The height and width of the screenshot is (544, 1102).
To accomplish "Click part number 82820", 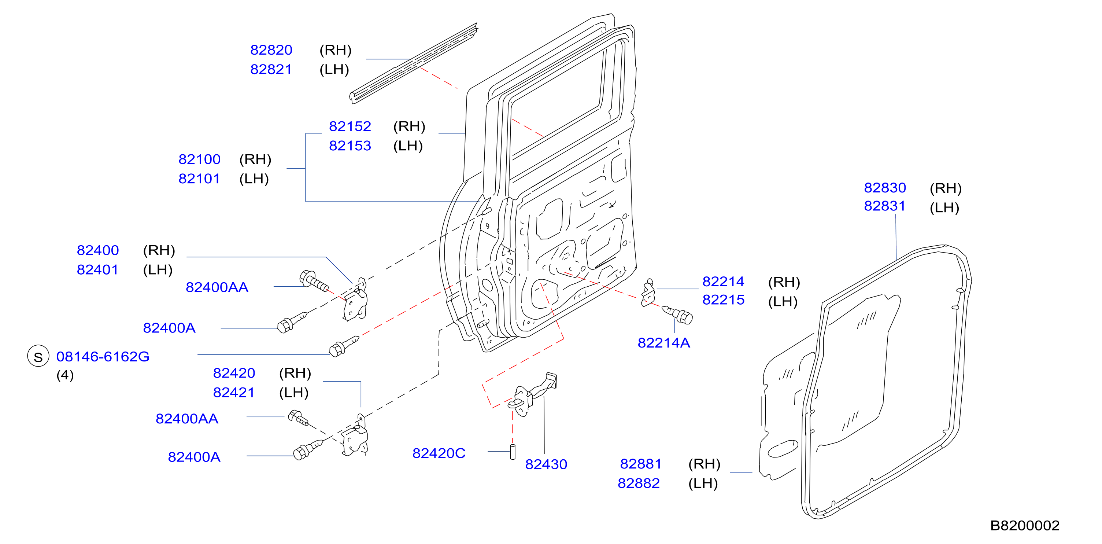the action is pyautogui.click(x=271, y=50).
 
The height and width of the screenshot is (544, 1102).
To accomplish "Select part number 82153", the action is pyautogui.click(x=350, y=146).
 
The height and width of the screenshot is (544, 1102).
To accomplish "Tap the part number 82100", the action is pyautogui.click(x=199, y=159).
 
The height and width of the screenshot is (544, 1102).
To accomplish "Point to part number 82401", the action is pyautogui.click(x=97, y=270).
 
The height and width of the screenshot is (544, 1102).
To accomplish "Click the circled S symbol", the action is pyautogui.click(x=38, y=356).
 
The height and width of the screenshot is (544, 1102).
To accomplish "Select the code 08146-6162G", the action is pyautogui.click(x=103, y=357).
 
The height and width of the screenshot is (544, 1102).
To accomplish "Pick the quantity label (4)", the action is pyautogui.click(x=65, y=375).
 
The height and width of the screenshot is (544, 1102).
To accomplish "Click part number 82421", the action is pyautogui.click(x=234, y=393).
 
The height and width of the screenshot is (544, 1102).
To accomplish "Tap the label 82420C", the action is pyautogui.click(x=439, y=453).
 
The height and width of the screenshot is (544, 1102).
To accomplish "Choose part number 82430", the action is pyautogui.click(x=546, y=464).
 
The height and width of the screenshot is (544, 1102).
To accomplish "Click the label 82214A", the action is pyautogui.click(x=664, y=343).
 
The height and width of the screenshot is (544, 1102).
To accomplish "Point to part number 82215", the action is pyautogui.click(x=724, y=300).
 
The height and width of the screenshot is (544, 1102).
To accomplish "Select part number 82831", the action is pyautogui.click(x=885, y=206).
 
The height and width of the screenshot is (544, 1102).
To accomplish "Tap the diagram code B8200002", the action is pyautogui.click(x=1025, y=526).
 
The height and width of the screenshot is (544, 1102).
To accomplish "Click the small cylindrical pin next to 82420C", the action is pyautogui.click(x=513, y=452).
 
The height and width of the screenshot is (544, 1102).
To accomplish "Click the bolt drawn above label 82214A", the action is pyautogui.click(x=678, y=315).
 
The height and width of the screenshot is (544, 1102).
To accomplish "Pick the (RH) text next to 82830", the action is pyautogui.click(x=946, y=188).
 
